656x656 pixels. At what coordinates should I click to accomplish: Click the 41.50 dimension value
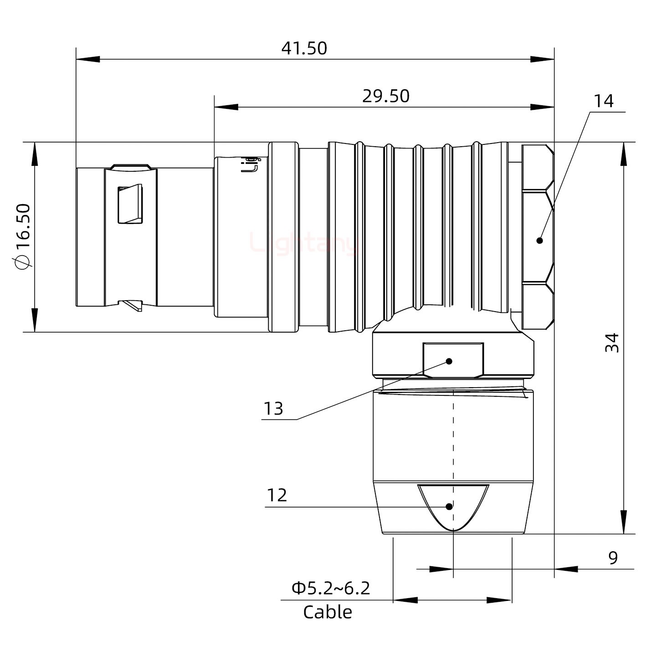304,48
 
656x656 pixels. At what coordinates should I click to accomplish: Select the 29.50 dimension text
386,96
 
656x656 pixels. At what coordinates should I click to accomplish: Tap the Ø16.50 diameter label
23,236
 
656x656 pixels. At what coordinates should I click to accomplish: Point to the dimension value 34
613,343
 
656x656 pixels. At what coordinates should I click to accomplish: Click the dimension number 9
613,558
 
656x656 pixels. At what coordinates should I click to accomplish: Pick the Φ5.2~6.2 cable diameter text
331,588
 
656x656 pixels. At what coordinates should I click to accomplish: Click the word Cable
328,612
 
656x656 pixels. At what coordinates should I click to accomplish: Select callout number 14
603,101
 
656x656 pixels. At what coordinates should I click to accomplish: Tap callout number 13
273,409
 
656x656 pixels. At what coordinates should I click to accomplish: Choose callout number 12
277,495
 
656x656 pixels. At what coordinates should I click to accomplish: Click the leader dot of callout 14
540,241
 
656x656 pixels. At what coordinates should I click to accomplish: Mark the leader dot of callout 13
449,361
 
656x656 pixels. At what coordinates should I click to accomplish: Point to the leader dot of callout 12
449,507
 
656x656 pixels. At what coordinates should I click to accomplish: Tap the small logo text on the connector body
250,165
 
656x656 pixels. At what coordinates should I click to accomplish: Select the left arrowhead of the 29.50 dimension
225,108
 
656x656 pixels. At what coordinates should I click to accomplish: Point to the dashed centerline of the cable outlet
454,437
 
